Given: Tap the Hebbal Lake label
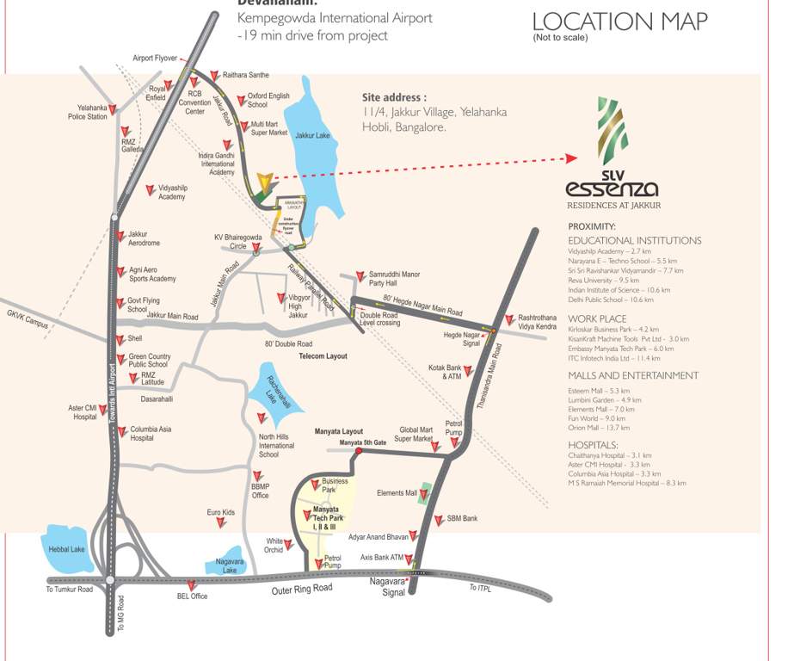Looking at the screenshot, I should [65, 549].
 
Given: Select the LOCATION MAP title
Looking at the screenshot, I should [620, 22].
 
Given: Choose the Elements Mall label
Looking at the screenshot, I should [397, 493].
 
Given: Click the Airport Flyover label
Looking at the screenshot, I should [155, 59].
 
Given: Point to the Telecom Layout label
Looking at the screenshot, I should [323, 355].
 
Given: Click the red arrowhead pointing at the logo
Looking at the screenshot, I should [569, 158].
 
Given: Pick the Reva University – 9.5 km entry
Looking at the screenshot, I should [604, 280].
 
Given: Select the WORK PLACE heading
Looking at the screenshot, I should [596, 318].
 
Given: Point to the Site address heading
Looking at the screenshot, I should [395, 98].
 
